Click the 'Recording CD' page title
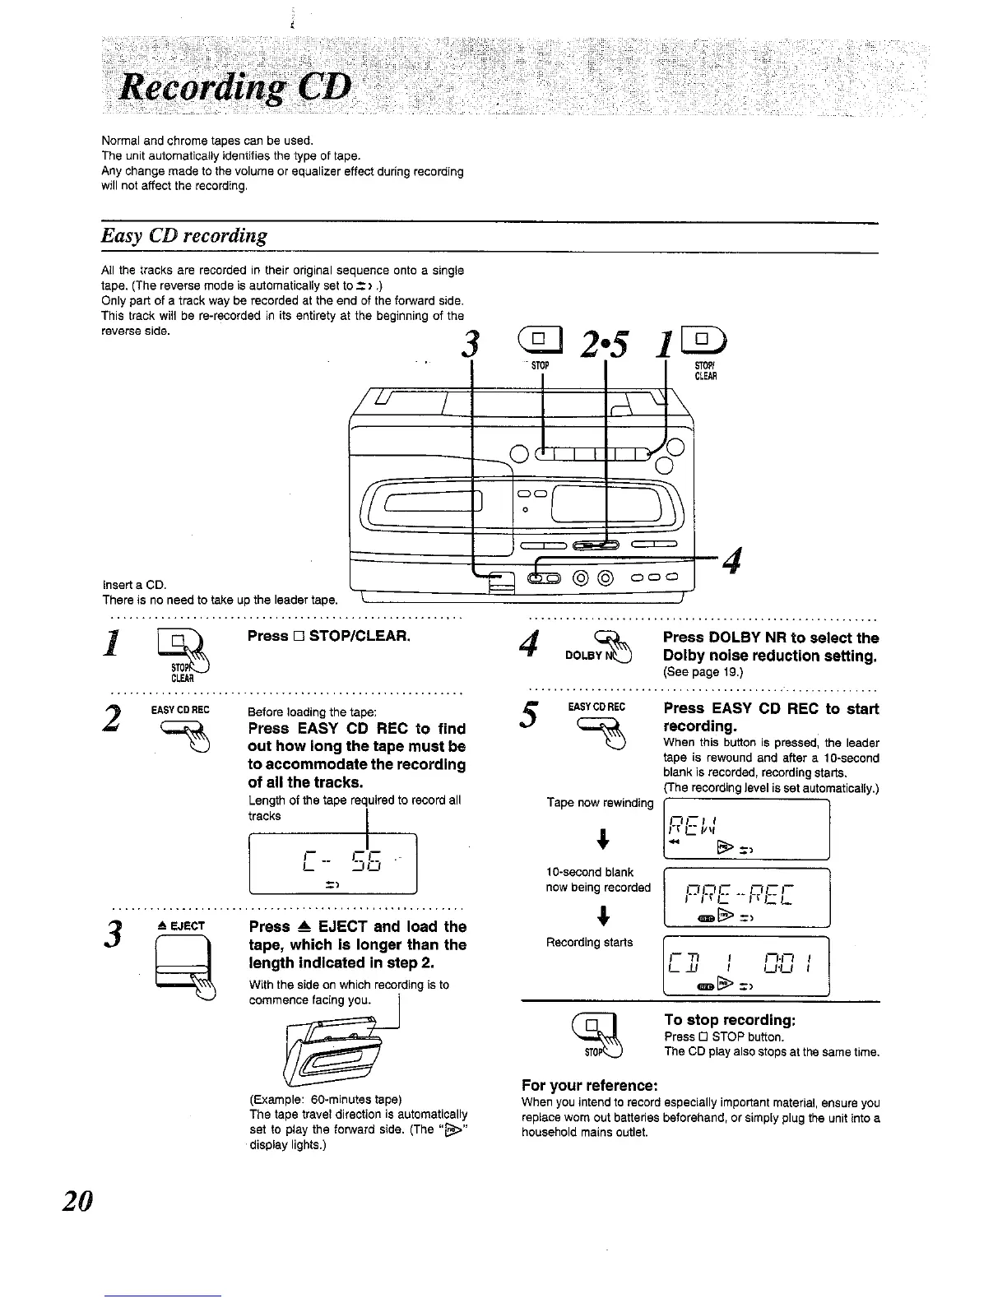(x=235, y=86)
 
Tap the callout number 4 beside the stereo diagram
(x=735, y=563)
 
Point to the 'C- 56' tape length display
(x=332, y=863)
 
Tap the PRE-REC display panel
(x=745, y=897)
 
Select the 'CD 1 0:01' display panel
(x=745, y=966)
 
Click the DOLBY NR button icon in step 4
(x=613, y=647)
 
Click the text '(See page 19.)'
(x=703, y=672)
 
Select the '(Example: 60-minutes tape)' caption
(x=325, y=1099)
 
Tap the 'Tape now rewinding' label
(x=599, y=803)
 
